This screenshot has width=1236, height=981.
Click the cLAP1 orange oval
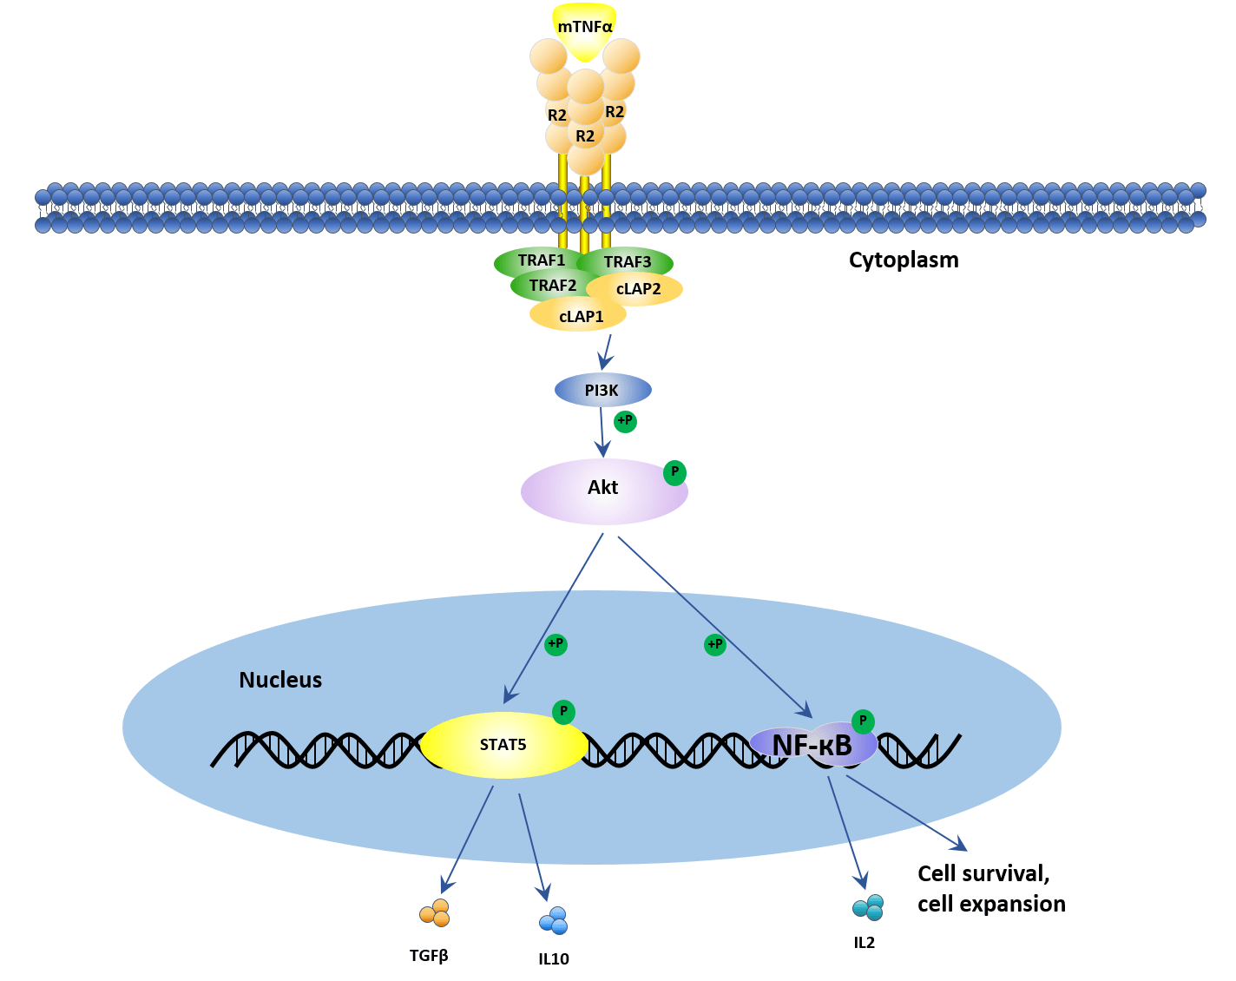click(x=579, y=316)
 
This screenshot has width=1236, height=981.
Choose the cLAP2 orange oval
click(x=637, y=289)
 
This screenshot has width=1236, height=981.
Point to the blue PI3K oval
click(x=602, y=391)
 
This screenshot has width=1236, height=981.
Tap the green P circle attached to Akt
click(x=674, y=473)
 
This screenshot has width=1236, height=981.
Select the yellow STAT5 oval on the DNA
click(x=503, y=745)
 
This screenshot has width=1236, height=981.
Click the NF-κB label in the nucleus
click(x=812, y=745)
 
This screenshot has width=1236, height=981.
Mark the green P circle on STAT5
click(x=563, y=712)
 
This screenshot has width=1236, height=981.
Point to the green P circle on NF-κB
click(x=863, y=721)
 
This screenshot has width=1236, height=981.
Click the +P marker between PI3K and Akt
click(x=625, y=421)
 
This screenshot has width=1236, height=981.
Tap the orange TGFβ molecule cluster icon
click(x=434, y=913)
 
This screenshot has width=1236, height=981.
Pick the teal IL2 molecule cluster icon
click(x=868, y=908)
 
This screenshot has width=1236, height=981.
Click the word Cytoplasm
click(x=904, y=260)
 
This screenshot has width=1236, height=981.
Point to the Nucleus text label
click(x=280, y=680)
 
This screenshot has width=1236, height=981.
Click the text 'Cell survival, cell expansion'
click(x=991, y=888)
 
